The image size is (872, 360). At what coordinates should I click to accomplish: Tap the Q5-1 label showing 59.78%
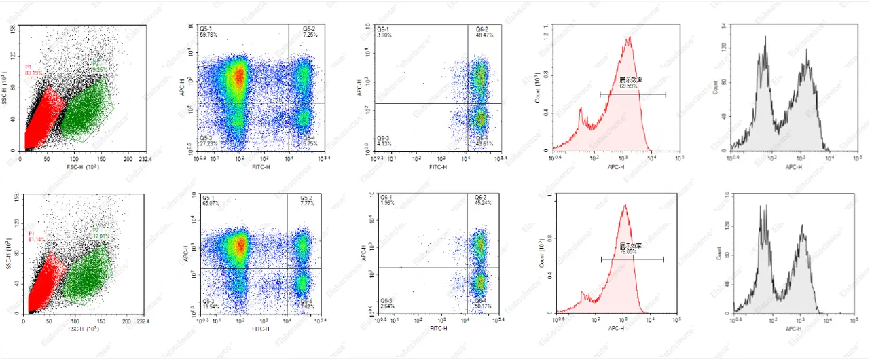208,32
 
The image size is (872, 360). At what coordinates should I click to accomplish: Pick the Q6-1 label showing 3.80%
386,32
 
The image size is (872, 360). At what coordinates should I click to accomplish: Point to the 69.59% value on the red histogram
630,86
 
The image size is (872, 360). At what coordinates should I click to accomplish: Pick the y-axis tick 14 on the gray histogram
725,26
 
